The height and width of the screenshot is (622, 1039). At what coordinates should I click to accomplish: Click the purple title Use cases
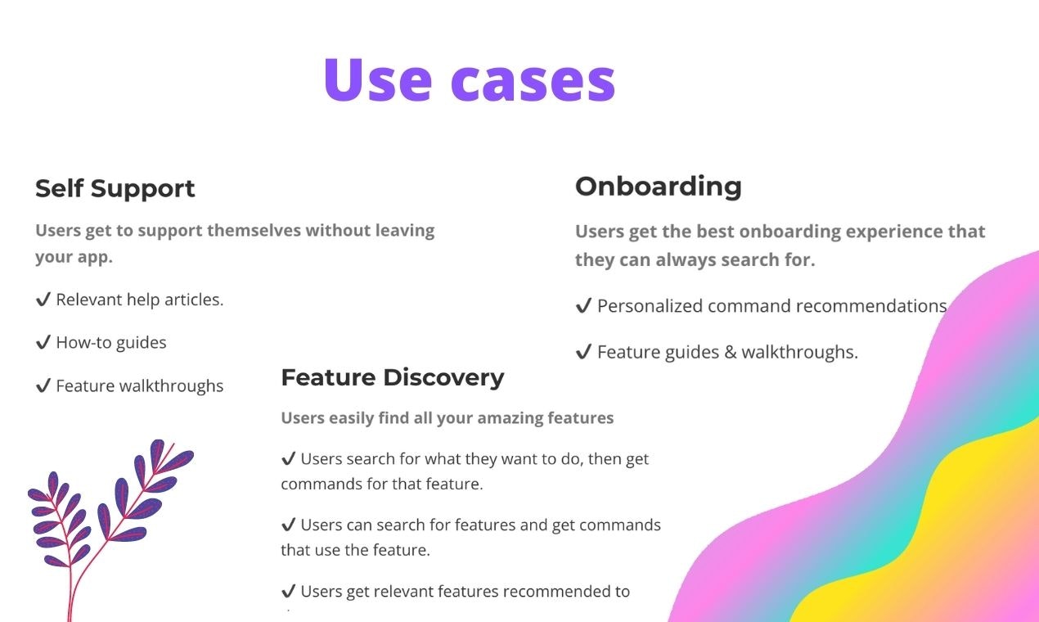click(x=469, y=79)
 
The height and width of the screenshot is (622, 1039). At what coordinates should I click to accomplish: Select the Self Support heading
click(x=115, y=188)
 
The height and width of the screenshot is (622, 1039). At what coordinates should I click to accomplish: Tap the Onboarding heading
click(x=658, y=186)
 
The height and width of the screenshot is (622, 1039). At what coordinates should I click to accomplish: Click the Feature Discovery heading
click(x=392, y=377)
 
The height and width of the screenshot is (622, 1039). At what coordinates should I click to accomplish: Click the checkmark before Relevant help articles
click(x=43, y=300)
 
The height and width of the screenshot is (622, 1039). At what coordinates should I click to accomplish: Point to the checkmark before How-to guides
click(x=43, y=343)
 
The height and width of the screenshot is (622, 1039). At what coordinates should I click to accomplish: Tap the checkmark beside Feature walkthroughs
click(x=43, y=386)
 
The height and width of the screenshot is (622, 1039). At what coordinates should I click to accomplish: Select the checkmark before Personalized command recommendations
click(x=583, y=306)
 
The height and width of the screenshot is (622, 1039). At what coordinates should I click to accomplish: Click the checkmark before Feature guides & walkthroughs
click(x=583, y=353)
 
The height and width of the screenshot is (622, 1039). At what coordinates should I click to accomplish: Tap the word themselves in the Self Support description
click(x=254, y=231)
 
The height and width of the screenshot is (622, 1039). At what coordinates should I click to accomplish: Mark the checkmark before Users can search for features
click(x=288, y=525)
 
